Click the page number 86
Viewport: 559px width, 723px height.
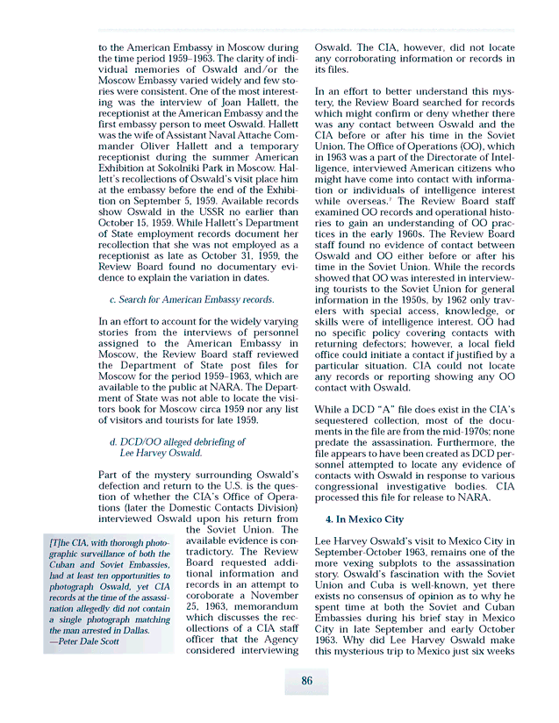coord(306,680)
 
